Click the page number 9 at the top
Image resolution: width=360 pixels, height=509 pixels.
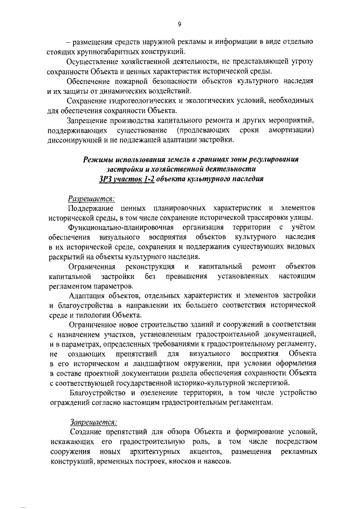tap(179, 24)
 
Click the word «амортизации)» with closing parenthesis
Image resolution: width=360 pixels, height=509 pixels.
tap(290, 129)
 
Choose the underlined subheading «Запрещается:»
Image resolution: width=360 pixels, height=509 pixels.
tap(92, 421)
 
